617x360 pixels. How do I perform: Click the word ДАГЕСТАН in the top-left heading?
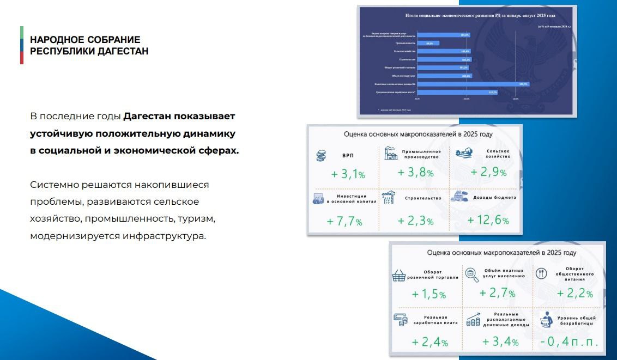pos(123,51)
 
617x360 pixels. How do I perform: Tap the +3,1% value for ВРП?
pos(348,174)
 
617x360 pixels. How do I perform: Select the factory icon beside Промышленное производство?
pos(390,153)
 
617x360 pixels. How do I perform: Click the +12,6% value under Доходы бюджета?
pos(488,221)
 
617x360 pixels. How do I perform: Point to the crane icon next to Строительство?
pos(389,198)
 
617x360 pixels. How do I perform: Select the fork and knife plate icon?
pos(541,273)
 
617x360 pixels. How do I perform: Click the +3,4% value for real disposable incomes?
pos(500,342)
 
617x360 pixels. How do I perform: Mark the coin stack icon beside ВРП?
pos(321,156)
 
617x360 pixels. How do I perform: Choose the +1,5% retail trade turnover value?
pos(428,294)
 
